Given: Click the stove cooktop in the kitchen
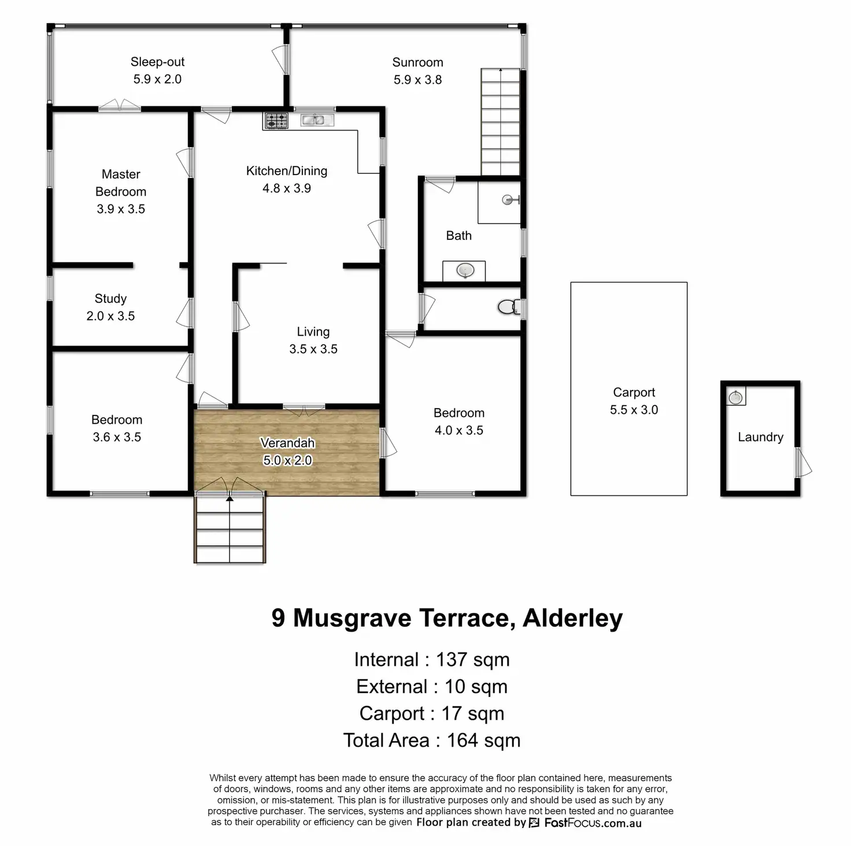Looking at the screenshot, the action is click(276, 121).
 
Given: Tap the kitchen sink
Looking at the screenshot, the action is click(317, 120).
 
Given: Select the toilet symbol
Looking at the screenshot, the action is click(508, 307).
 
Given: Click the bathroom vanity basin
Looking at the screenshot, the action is click(465, 270).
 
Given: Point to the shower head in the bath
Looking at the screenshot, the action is click(509, 200).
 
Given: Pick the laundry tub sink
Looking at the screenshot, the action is click(735, 397).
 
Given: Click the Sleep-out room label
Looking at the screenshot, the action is click(157, 62).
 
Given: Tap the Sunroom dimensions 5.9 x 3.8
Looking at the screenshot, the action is click(417, 80).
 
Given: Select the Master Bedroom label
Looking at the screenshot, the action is click(121, 183).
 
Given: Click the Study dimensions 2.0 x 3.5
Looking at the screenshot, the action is click(110, 316).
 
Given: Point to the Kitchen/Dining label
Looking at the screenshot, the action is click(287, 171).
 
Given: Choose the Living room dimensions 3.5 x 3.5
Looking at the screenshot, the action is click(313, 349).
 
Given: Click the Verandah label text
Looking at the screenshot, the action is click(287, 443).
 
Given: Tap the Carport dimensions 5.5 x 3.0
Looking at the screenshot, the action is click(634, 410).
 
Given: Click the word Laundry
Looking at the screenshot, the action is click(760, 437).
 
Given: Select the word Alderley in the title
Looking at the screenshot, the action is click(572, 618).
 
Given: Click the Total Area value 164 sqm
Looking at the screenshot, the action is click(483, 740).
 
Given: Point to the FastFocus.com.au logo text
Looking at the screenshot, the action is click(593, 823).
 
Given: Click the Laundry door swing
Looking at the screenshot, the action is click(804, 462).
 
